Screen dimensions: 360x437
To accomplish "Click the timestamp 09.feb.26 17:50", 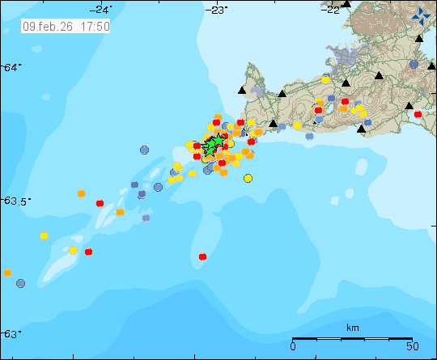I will [x=66, y=26].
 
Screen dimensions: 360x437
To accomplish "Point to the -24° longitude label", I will [x=101, y=9].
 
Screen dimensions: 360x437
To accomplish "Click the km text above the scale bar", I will [x=352, y=328].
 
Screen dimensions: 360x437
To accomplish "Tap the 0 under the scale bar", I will [x=292, y=347].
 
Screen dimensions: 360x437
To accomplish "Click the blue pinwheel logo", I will [x=422, y=15].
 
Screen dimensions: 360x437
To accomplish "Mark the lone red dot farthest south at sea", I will [x=202, y=257].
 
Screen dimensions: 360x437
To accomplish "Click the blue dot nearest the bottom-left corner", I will [x=20, y=283].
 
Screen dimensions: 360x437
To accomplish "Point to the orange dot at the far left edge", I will [x=7, y=273].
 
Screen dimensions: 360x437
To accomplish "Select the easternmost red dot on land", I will [x=418, y=114].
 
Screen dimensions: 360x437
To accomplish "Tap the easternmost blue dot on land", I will [x=414, y=64].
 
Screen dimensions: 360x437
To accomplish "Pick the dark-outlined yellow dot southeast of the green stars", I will [x=248, y=178].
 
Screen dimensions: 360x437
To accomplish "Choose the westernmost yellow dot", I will [x=44, y=235].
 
